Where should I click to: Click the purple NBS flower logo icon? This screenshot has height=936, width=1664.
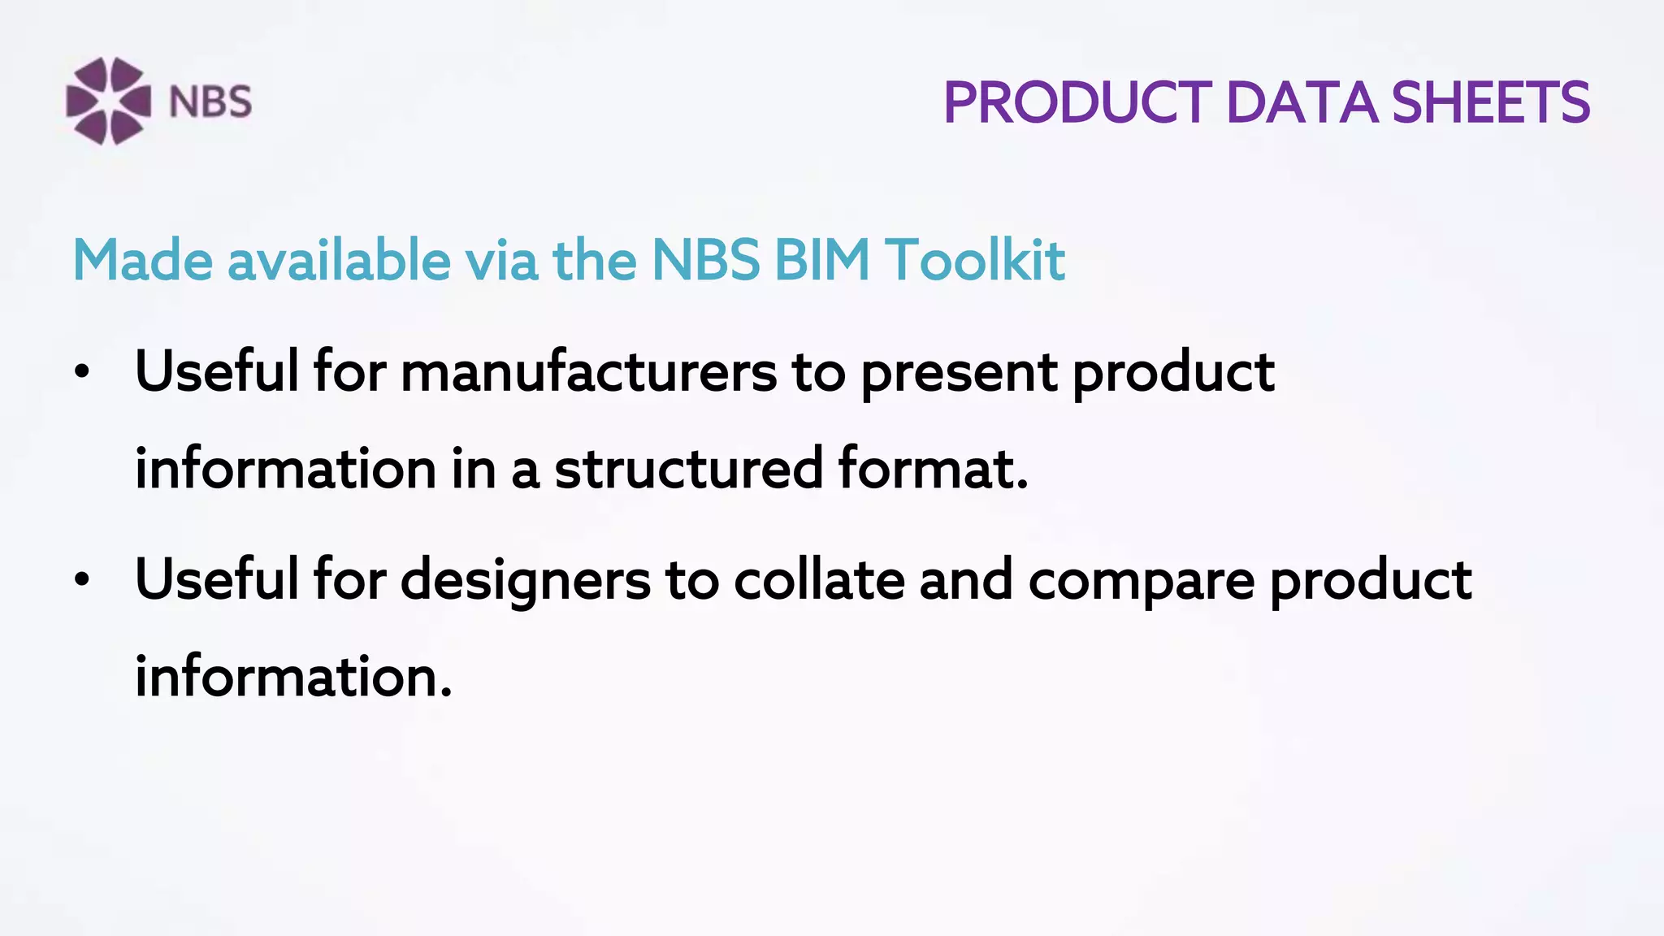(x=108, y=101)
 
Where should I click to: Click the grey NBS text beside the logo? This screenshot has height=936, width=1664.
(x=210, y=102)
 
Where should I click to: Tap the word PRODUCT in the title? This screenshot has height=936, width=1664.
(x=1077, y=103)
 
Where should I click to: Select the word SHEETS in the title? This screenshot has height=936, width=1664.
(x=1490, y=103)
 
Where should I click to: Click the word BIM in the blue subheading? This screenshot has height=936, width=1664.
(x=821, y=261)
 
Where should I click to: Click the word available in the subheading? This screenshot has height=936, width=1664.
(x=339, y=261)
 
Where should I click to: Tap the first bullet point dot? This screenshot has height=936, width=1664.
(x=81, y=372)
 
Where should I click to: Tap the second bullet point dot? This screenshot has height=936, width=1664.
(x=81, y=581)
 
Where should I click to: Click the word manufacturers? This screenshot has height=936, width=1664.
(x=588, y=372)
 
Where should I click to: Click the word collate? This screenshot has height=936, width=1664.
(x=819, y=580)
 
